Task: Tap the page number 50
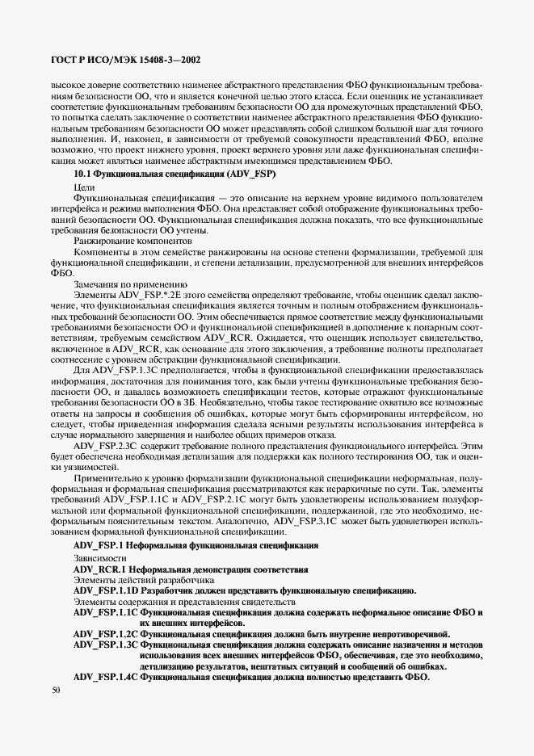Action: pos(56,691)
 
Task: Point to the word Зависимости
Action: pos(100,558)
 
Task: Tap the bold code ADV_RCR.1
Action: pos(100,569)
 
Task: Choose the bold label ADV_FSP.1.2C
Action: pos(107,633)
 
